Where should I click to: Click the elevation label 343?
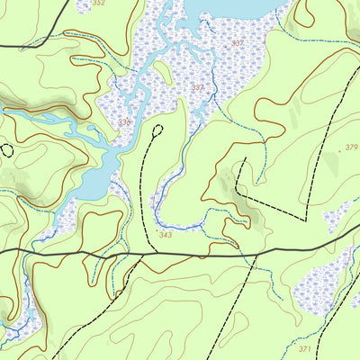tap(165, 235)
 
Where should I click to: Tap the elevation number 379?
tap(351, 148)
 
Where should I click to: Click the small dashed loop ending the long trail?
tap(158, 130)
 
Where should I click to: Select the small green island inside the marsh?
tap(162, 69)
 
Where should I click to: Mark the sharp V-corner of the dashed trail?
tap(306, 219)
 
